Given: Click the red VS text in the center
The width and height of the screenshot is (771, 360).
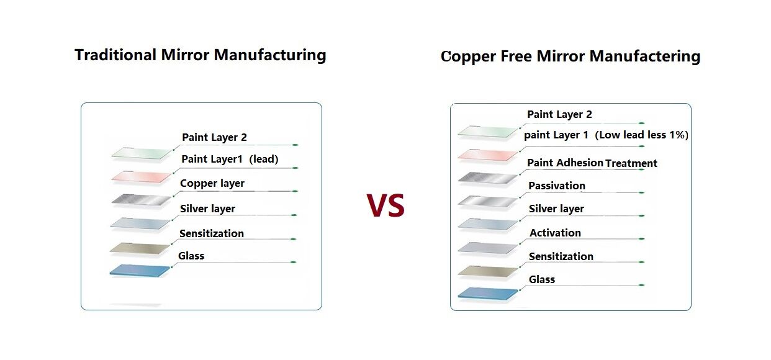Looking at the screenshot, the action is tap(385, 205).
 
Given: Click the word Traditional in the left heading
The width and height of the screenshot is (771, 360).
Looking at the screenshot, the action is tap(115, 55).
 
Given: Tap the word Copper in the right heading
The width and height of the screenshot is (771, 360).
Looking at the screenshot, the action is tap(468, 56).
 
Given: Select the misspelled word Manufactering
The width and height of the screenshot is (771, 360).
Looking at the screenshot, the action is tap(645, 56).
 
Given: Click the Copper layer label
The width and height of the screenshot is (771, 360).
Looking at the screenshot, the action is tap(212, 184).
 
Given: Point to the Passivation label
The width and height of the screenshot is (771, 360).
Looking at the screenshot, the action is tap(557, 186).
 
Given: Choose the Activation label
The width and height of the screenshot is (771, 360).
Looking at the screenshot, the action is tap(555, 233).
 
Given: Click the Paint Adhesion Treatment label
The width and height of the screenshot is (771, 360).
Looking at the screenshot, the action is tap(592, 163).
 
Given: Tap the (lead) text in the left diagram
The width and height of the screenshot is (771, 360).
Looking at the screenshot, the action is tap(264, 159).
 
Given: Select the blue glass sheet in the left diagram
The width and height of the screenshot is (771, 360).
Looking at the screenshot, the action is tap(140, 271).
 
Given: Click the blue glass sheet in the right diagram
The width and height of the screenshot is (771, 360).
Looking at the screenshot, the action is tap(488, 294).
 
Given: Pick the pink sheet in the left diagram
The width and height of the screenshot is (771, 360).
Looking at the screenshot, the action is tap(141, 176).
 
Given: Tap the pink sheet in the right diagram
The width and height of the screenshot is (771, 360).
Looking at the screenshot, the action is tap(488, 155).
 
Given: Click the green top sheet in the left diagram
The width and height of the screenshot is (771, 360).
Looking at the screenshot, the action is tap(141, 153).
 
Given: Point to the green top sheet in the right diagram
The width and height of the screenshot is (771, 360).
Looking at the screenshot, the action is tap(488, 132).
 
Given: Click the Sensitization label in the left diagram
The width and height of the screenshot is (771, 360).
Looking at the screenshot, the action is tap(211, 234).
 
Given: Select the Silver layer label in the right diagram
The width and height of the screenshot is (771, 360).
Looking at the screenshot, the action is tap(556, 209).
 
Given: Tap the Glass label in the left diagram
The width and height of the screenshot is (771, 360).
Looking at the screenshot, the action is tap(191, 256).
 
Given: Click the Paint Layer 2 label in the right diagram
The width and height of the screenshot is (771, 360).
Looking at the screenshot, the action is tap(559, 115).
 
